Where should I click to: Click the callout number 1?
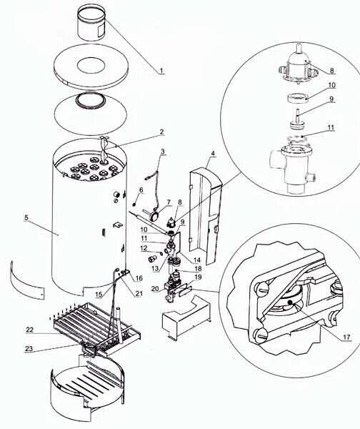click(x=161, y=71)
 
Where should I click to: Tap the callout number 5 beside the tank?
click(x=26, y=218)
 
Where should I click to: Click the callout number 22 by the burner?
click(x=30, y=330)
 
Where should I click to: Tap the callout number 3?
click(x=163, y=152)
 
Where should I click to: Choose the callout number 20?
click(x=155, y=289)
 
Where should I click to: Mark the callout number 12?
click(x=144, y=248)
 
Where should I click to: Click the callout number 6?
click(x=141, y=190)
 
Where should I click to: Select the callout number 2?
click(x=162, y=132)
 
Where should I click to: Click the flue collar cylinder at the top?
click(x=91, y=24)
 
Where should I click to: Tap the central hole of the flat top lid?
click(x=91, y=66)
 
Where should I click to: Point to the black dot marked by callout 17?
click(x=291, y=302)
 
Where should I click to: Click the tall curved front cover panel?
click(x=204, y=216)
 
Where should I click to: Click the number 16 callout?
click(x=139, y=278)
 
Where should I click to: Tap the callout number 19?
click(x=198, y=277)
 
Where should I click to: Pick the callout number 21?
click(x=139, y=294)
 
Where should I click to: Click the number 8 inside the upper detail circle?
click(x=332, y=70)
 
